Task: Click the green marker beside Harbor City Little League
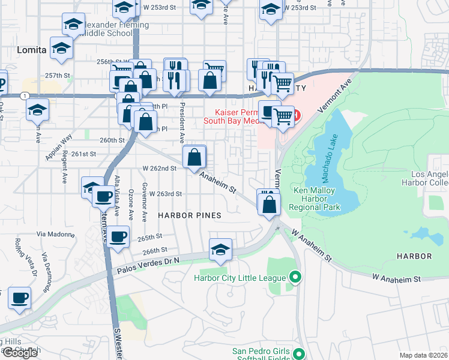pos(294,277)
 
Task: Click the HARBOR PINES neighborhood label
pos(189,215)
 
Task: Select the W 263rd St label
pos(161,194)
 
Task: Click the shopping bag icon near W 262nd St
pos(195,158)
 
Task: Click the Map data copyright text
pos(423,355)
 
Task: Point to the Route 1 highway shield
pos(23,96)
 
